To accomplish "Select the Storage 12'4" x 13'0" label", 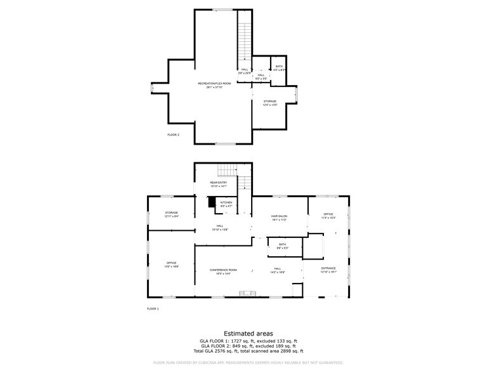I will pos(270,103).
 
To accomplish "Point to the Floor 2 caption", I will pos(173,134).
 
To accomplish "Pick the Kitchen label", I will pos(226,204).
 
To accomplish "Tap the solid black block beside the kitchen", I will pos(212,202).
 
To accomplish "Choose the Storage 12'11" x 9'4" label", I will pos(171,214).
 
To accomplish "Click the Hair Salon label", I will pos(280,218).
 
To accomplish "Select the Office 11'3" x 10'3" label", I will pos(328,216).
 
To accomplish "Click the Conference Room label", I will pos(223,272).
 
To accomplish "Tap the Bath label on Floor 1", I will pos(282,245).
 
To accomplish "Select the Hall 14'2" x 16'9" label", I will pos(278,271).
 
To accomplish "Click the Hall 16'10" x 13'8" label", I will pos(219,227).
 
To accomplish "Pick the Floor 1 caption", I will pos(153,308).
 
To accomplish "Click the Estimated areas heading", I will pos(248,333).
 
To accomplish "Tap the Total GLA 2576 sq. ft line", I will pos(248,351).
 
